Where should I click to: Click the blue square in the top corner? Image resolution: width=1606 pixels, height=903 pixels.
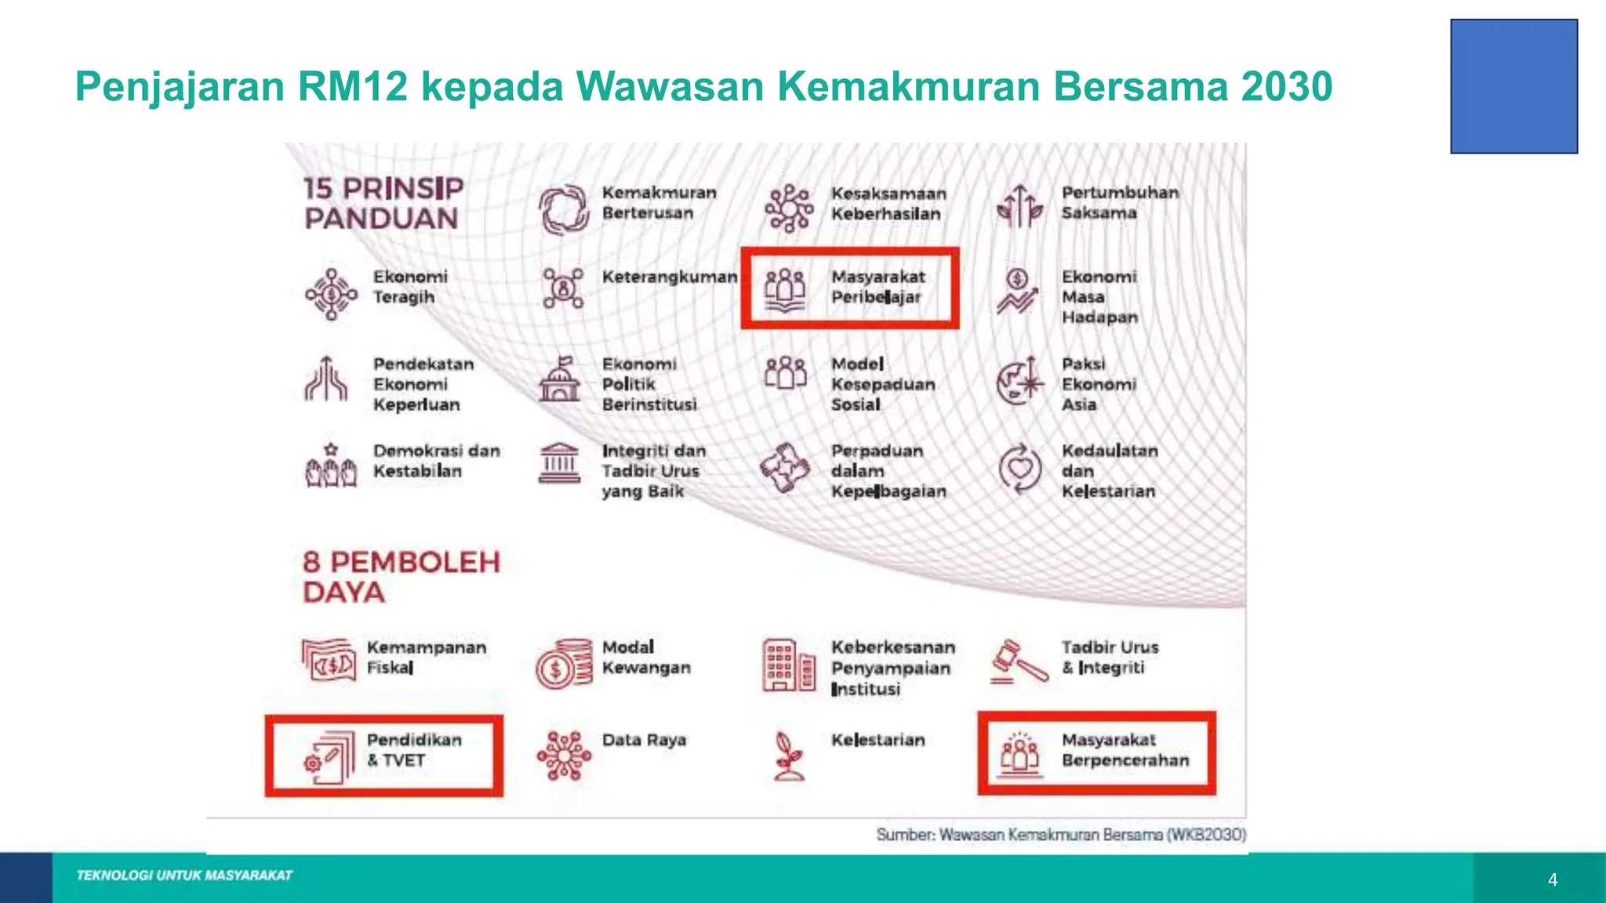(x=1513, y=86)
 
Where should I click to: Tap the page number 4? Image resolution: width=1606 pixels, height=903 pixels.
(x=1553, y=880)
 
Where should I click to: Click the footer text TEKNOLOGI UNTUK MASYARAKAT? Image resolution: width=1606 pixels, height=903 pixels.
(x=184, y=876)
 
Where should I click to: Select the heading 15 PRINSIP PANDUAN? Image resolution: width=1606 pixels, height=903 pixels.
(x=383, y=203)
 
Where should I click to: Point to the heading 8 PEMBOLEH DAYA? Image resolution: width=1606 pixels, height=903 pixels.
(x=401, y=576)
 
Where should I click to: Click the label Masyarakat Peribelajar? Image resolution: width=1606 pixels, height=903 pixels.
(x=878, y=287)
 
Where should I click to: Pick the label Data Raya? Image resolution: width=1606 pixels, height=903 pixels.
(x=644, y=740)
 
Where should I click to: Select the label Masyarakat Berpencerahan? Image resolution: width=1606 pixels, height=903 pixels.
(x=1125, y=750)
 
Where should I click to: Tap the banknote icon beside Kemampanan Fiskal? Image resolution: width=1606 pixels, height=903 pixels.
(x=329, y=660)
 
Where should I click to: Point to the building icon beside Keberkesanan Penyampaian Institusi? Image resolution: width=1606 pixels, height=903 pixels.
(x=788, y=664)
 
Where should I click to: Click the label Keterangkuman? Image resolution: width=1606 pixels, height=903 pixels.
(x=670, y=277)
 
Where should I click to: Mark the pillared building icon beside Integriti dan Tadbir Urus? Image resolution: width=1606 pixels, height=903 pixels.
(x=559, y=463)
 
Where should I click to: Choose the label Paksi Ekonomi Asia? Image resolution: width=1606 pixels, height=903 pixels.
(x=1099, y=384)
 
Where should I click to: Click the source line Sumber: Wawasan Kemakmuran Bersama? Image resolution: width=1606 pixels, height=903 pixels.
(x=1061, y=835)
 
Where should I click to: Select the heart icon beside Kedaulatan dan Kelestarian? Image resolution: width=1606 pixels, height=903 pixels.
(x=1019, y=469)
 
